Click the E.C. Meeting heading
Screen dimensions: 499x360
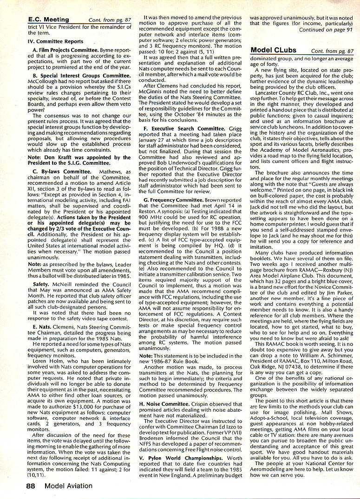[48, 19]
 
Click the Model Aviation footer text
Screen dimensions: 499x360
[69, 486]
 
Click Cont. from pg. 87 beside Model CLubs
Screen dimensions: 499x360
[332, 50]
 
